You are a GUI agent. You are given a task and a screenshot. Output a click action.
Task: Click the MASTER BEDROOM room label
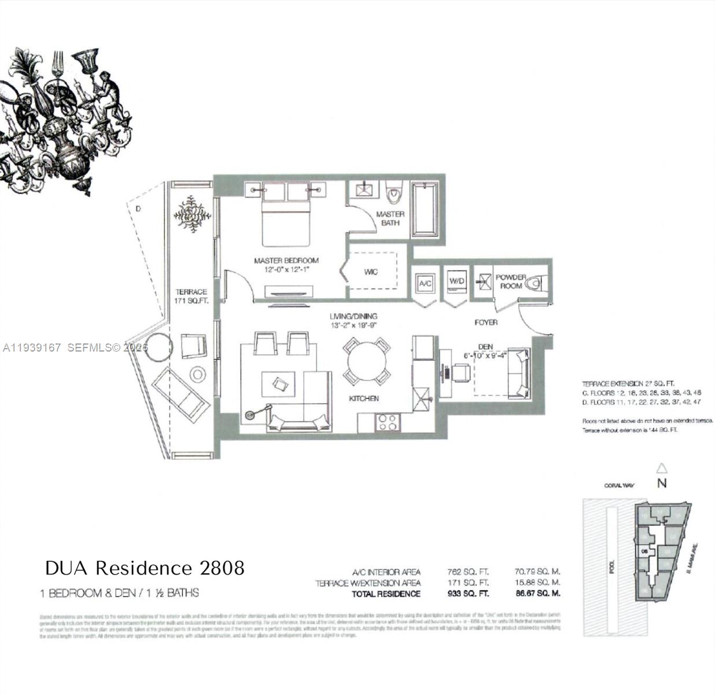pos(286,261)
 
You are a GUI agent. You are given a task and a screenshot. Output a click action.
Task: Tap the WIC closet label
pos(371,272)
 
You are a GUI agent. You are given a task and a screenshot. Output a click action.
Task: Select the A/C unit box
pos(425,283)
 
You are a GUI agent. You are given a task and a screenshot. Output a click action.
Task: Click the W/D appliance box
pos(457,281)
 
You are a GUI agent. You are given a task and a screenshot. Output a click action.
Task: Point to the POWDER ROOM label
pos(510,281)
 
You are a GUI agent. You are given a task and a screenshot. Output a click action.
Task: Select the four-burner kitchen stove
pos(387,422)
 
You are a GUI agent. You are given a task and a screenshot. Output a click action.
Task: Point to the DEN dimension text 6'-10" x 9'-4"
pos(485,355)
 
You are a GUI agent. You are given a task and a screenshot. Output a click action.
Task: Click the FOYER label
pos(486,322)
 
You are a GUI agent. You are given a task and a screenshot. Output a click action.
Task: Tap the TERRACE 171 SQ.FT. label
pos(191,297)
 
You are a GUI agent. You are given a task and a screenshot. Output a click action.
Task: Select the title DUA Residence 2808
pos(145,568)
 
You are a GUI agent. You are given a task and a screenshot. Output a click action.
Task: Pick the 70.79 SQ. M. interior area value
pos(537,572)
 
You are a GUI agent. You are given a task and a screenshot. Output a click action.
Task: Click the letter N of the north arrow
pos(662,483)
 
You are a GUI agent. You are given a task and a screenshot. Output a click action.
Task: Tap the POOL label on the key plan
pos(612,566)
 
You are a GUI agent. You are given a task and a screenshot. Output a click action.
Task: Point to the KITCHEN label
pos(364,398)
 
